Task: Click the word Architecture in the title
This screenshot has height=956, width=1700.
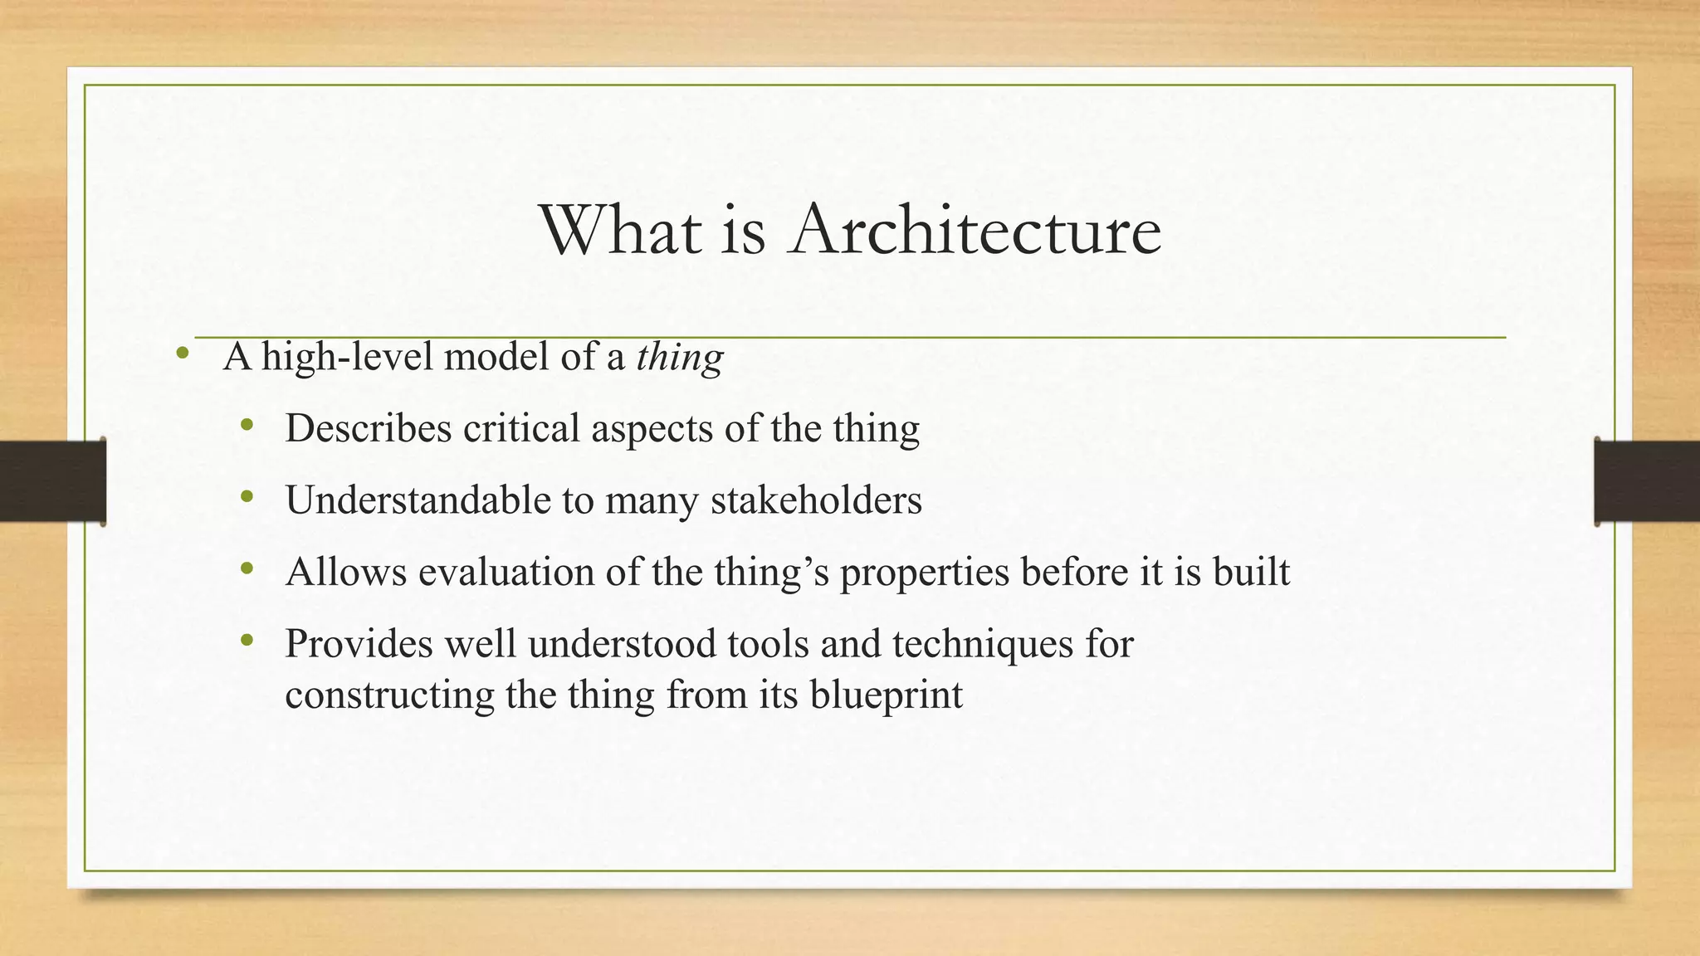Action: (975, 230)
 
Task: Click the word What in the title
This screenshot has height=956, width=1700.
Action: (621, 230)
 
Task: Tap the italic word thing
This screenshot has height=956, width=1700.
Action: (680, 358)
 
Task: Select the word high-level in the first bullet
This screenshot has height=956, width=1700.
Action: (348, 358)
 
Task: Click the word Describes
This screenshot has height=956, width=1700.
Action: (368, 429)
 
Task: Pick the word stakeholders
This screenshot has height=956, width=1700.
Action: (816, 500)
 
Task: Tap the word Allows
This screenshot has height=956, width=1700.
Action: (346, 572)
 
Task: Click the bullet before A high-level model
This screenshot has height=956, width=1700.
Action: (183, 356)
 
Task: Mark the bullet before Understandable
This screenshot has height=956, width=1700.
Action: (246, 498)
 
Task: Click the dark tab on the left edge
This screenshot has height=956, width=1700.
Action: (52, 481)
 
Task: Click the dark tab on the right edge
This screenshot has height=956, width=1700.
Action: (1647, 481)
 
